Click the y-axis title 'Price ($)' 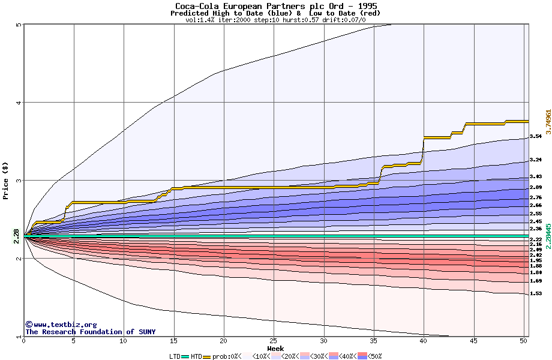coord(6,180)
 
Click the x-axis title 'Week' coord(275,349)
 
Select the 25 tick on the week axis coord(274,341)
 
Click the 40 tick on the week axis coord(424,341)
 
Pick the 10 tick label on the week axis coord(124,341)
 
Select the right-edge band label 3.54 coord(536,136)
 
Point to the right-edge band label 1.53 coord(536,294)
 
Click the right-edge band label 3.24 coord(536,160)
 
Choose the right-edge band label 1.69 coord(536,281)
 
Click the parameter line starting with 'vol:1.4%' coord(276,20)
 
